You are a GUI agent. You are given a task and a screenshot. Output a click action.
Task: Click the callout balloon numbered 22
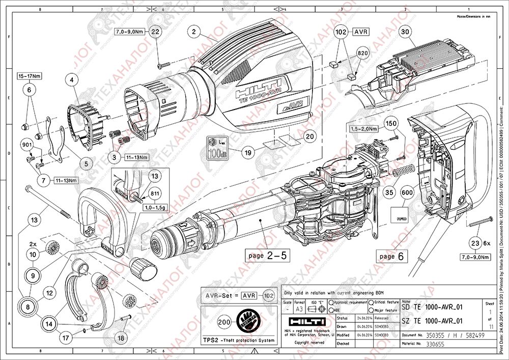click(x=156, y=32)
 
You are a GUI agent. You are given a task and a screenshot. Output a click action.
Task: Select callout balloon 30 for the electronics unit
click(x=405, y=32)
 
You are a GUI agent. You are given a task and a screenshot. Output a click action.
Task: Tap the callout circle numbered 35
click(x=389, y=192)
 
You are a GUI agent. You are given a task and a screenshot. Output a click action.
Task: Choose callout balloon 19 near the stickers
click(x=248, y=151)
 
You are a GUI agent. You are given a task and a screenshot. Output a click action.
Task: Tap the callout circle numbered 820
click(x=362, y=52)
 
